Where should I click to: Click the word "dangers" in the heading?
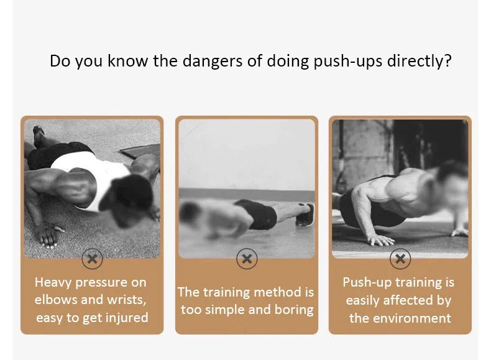(213, 61)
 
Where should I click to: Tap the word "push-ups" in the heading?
(347, 62)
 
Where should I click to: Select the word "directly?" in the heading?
(420, 62)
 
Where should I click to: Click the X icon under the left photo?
(92, 259)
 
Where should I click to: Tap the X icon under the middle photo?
(247, 259)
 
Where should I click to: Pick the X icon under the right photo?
(400, 259)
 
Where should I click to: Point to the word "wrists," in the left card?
(127, 300)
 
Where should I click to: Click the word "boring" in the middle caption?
(294, 310)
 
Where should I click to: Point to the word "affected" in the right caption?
(406, 300)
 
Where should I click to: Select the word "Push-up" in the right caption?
(367, 283)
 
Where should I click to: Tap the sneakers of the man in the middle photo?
(305, 215)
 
